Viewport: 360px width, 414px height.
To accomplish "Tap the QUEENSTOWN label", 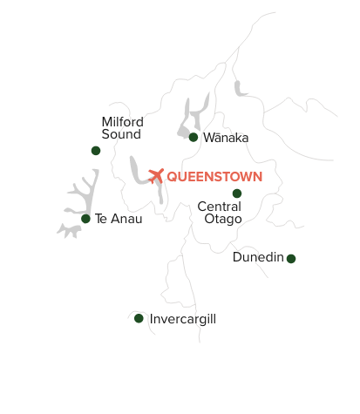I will click(214, 176).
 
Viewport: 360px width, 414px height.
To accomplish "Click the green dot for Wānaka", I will click(193, 137).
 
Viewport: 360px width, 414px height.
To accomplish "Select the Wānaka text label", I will click(226, 138).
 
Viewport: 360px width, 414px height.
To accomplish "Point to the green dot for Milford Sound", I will click(96, 150).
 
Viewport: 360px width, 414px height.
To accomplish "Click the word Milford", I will click(122, 121).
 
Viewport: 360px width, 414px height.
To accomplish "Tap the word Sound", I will click(120, 134).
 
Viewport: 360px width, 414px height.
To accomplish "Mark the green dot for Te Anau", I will click(85, 219).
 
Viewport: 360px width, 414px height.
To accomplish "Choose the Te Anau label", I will click(118, 219).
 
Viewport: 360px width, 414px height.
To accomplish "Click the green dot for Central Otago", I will click(236, 193).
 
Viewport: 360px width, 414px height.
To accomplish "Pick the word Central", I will click(220, 207).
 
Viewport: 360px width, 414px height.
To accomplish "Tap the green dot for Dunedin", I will click(291, 258).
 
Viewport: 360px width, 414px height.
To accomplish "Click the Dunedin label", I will click(258, 257).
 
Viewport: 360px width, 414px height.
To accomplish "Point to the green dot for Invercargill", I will click(139, 318).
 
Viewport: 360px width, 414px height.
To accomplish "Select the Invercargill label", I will click(183, 319).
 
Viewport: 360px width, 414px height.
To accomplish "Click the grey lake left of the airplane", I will click(137, 171).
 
